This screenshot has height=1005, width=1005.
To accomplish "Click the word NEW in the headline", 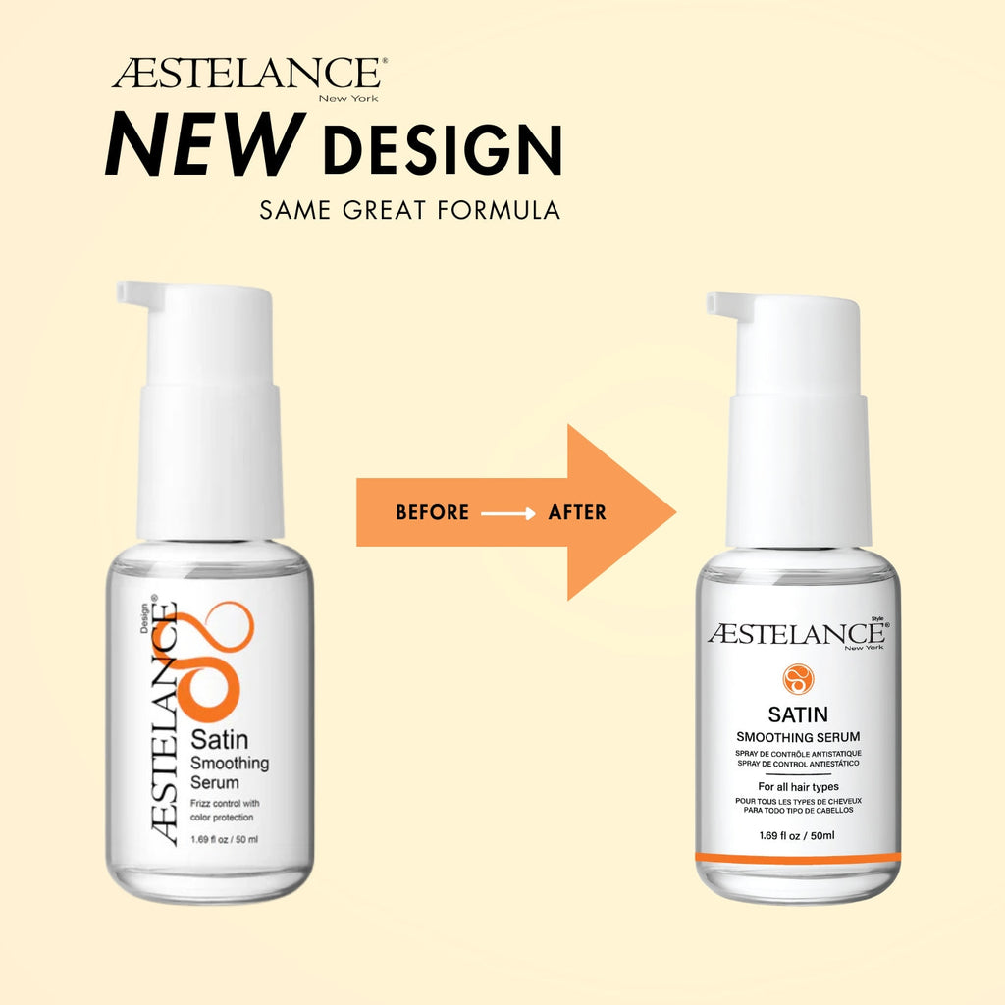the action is click(204, 145).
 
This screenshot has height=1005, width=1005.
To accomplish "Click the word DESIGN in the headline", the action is click(443, 149).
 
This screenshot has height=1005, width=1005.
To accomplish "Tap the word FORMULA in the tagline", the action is click(499, 210).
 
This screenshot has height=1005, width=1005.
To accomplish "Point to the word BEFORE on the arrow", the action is click(432, 512).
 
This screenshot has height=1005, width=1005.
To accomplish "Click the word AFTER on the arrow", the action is click(577, 512).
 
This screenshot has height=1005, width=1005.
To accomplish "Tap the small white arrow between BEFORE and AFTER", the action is click(507, 513).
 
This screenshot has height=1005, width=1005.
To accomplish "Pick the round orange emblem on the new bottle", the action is click(798, 679).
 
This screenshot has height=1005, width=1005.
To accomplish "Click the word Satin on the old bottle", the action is click(219, 740).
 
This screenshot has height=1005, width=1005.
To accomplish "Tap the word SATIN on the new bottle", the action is click(798, 714).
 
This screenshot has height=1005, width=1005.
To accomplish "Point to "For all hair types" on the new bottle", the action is click(798, 786).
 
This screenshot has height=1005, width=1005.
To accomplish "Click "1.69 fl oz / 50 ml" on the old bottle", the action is click(225, 840).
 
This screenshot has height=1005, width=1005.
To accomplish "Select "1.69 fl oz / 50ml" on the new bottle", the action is click(797, 835).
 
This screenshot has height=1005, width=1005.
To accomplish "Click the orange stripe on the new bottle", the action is click(798, 858).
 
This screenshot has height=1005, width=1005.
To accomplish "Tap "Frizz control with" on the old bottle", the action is click(225, 803).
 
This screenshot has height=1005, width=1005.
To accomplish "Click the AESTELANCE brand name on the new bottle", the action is click(797, 634).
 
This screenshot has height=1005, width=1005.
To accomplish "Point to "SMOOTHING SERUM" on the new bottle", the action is click(798, 737).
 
